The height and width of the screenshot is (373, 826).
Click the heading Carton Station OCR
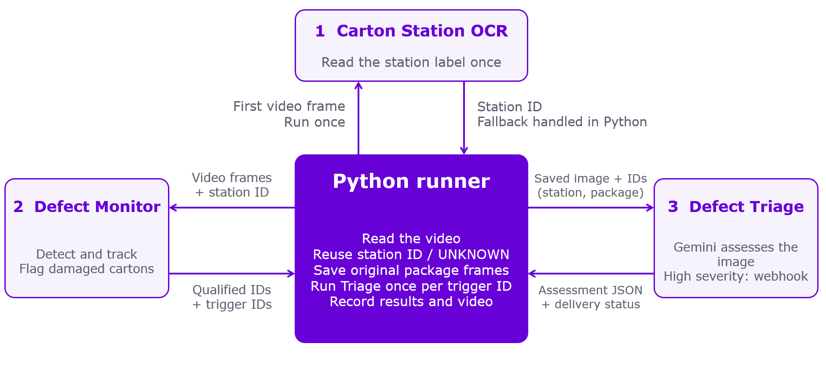point(422,31)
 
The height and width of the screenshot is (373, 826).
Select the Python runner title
point(411,181)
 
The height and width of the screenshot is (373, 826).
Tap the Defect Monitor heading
point(97,207)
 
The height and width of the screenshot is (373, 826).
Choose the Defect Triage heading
point(746,207)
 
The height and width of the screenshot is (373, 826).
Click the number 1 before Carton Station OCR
point(320,31)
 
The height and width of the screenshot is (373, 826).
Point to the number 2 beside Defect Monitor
point(18,207)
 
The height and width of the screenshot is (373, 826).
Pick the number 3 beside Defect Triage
point(673,207)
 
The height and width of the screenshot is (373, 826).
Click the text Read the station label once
point(411,62)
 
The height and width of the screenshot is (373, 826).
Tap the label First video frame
point(289,106)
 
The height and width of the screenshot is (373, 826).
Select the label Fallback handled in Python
point(562,122)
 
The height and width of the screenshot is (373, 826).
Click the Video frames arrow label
point(232,178)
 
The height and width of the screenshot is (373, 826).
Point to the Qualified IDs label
point(232,290)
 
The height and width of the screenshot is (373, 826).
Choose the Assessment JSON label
point(591,290)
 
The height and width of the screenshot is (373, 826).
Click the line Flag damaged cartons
point(87,269)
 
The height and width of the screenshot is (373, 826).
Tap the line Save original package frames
point(411,270)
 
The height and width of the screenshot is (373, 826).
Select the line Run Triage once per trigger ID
point(411,286)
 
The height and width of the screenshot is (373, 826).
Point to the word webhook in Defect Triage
point(781,276)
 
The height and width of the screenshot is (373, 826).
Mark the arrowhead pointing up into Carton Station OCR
point(358,85)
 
